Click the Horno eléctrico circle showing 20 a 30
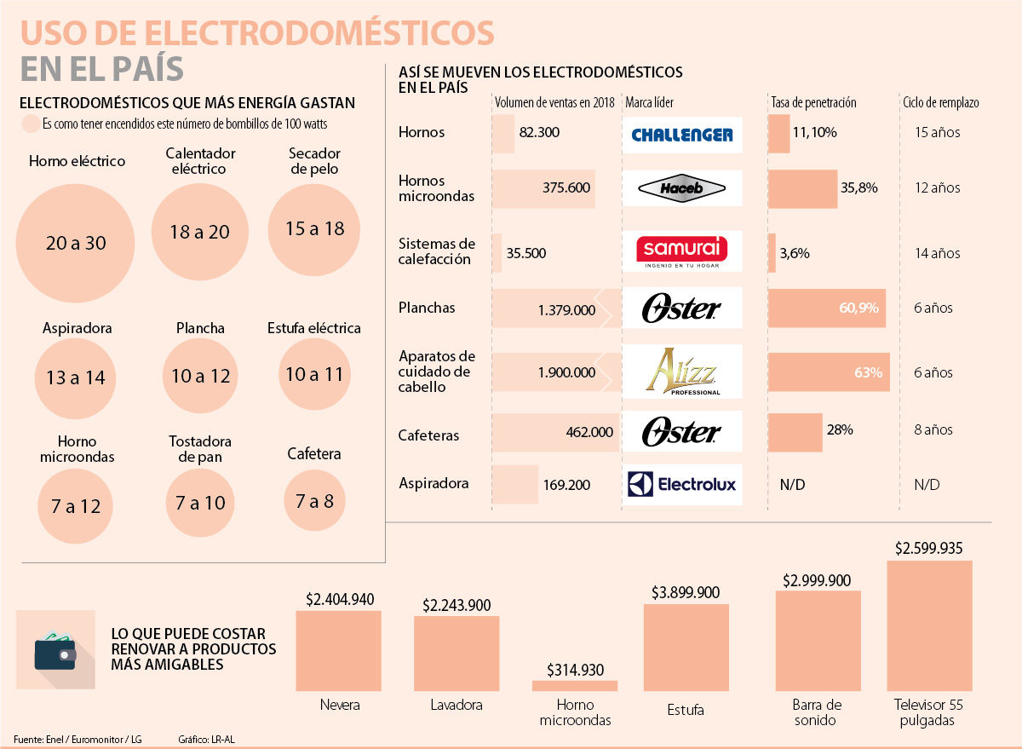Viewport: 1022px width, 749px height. click(76, 242)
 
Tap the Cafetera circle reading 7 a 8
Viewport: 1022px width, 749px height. click(315, 501)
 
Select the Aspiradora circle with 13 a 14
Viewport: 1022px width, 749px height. click(76, 377)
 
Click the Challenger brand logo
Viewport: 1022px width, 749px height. click(682, 135)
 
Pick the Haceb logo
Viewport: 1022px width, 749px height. click(682, 188)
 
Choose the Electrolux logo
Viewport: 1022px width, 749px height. click(682, 485)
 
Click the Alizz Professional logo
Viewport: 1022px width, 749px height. click(682, 372)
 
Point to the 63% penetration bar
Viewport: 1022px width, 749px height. click(829, 372)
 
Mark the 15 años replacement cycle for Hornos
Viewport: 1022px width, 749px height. click(937, 133)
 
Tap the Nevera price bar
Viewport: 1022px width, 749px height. click(338, 650)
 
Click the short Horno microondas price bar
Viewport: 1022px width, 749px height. click(575, 685)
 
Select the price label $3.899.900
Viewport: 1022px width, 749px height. click(686, 592)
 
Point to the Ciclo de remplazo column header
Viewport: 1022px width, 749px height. click(940, 102)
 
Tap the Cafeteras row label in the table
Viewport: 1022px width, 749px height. click(428, 435)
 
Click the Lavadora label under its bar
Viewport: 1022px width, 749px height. click(456, 706)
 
